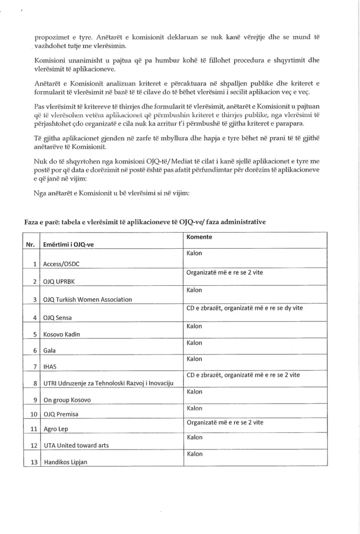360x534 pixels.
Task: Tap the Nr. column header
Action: [x=30, y=245]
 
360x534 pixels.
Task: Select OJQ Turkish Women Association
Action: [x=88, y=299]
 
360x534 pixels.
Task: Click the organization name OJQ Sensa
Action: [x=58, y=317]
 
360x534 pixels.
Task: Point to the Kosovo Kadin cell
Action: [x=62, y=335]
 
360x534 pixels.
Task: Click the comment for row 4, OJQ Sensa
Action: [x=245, y=308]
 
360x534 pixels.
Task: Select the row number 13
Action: [x=34, y=462]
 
